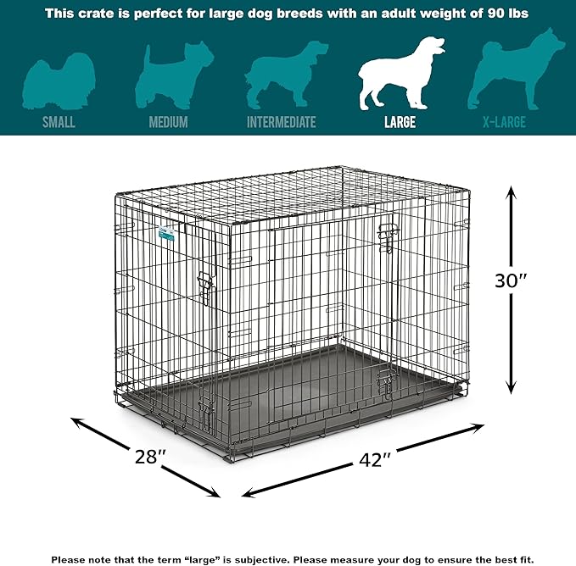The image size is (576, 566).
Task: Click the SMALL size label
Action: pos(59,122)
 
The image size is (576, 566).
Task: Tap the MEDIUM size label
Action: pos(168,122)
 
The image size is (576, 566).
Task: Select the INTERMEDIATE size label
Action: pos(281,122)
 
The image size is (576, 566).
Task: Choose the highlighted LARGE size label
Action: pos(400,122)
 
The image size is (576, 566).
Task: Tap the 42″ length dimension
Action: pos(373,461)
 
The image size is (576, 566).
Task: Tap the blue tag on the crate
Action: pos(166,230)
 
